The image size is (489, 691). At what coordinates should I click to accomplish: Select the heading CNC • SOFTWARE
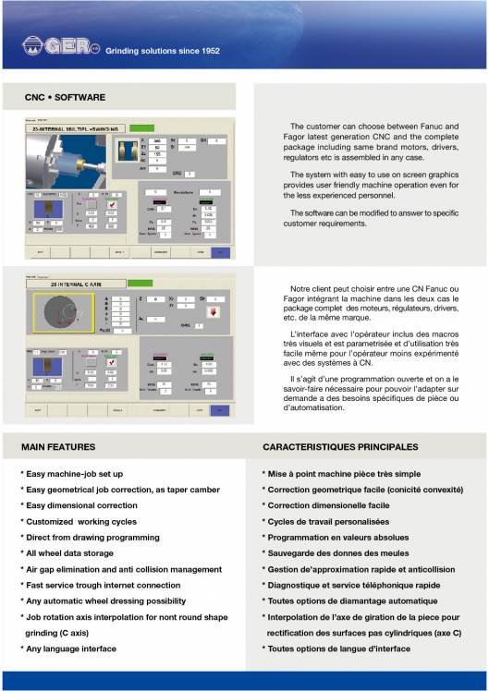tap(65, 97)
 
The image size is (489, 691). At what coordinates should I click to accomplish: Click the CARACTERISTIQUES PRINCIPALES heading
tap(340, 447)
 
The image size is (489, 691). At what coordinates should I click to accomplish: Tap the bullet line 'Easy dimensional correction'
tap(80, 505)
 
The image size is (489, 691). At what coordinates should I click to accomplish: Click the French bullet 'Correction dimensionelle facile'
tap(328, 505)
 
